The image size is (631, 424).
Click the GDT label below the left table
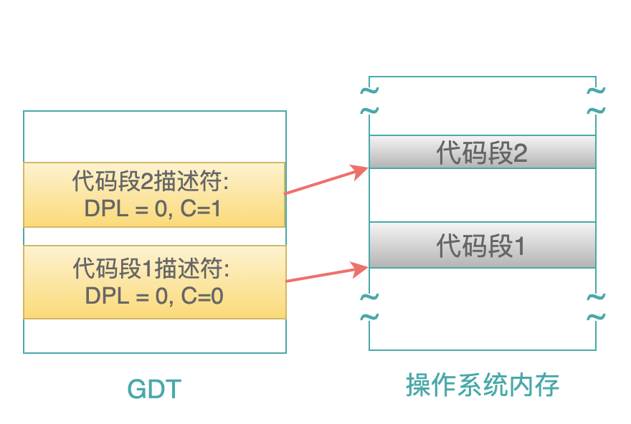click(155, 389)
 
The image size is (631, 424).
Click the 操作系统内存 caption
click(483, 385)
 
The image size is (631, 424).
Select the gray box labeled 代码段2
click(482, 152)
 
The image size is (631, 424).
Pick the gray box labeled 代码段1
click(482, 245)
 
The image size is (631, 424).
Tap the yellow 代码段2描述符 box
click(155, 195)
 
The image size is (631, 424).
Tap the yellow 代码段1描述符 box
click(155, 282)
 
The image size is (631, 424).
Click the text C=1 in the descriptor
click(200, 208)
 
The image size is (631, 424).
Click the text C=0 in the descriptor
click(202, 296)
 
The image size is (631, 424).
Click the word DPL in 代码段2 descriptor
click(106, 208)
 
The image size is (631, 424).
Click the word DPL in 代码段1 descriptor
click(107, 296)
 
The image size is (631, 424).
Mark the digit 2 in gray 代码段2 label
click(520, 153)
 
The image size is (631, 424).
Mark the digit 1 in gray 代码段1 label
click(520, 246)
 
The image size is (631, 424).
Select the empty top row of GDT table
click(155, 137)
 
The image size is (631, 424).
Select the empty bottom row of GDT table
click(155, 336)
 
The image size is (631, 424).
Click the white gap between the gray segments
click(482, 195)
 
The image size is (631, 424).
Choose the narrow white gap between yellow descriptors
click(155, 236)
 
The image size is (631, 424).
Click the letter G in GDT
click(136, 389)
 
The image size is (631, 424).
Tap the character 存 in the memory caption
click(547, 385)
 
